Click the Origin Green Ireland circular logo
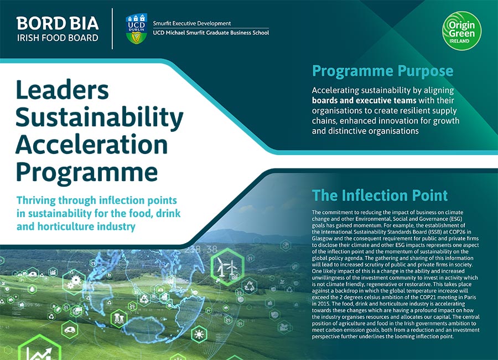[x=463, y=30]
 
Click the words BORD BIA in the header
[x=58, y=23]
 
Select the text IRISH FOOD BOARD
[x=58, y=38]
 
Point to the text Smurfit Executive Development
[x=192, y=23]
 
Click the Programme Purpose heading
[x=382, y=71]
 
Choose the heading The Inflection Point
[x=380, y=195]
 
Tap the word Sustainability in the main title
[x=99, y=117]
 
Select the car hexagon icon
[x=70, y=330]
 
